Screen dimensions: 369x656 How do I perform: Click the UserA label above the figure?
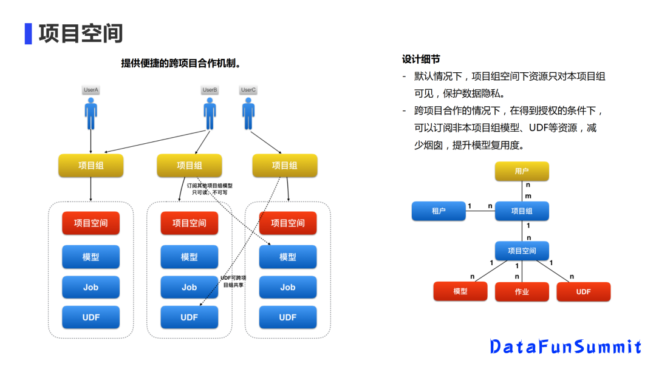pos(91,90)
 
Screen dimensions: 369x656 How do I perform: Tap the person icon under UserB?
pos(210,114)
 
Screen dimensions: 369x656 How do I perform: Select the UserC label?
pos(248,90)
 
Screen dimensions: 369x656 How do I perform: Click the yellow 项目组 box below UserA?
pos(91,165)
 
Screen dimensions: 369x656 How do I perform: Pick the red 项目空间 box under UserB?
pos(190,223)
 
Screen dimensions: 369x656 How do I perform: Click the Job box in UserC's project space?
pos(288,287)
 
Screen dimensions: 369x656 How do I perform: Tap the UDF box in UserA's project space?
pos(91,317)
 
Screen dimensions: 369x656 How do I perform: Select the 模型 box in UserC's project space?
pos(288,257)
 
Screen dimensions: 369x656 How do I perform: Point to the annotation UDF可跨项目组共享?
pos(233,281)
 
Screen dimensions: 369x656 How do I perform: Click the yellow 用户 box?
pos(522,171)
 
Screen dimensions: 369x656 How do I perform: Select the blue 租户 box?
pos(439,211)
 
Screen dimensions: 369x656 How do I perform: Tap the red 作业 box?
pos(522,292)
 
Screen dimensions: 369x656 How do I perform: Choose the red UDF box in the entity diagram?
pos(583,292)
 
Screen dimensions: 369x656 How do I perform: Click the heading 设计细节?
pos(421,59)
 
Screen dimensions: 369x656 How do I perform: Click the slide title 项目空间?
pos(81,33)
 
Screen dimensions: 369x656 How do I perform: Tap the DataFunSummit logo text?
pos(565,347)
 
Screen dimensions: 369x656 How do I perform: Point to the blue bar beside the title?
pos(28,33)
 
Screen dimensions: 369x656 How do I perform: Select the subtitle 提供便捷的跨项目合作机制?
pos(180,63)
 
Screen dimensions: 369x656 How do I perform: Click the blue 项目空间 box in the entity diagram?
pos(522,251)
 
